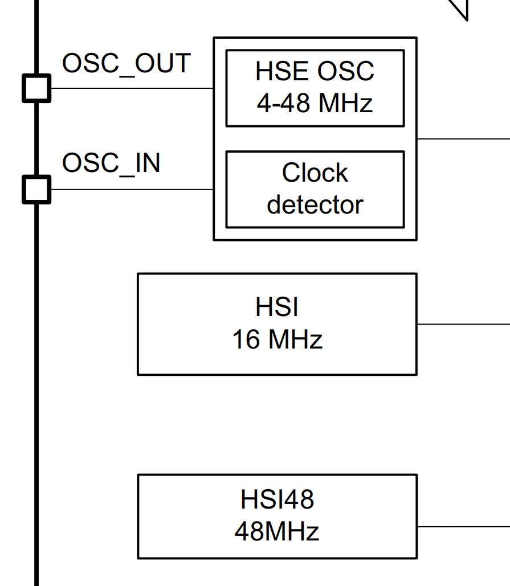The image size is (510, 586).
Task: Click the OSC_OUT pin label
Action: tap(126, 63)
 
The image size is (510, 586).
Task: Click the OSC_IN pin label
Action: tap(111, 163)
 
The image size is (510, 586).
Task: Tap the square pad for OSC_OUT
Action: tap(36, 89)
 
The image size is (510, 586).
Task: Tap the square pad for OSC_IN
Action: tap(36, 189)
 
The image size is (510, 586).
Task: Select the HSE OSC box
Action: tap(315, 88)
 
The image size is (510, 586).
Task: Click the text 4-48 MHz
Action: tap(315, 103)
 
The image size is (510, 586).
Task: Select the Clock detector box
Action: tap(315, 189)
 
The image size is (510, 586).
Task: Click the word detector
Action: tap(315, 205)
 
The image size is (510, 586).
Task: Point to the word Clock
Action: tap(315, 173)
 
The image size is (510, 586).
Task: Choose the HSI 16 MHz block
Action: tap(277, 323)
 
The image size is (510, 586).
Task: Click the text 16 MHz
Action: tap(277, 340)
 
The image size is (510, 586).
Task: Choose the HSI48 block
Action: tap(277, 516)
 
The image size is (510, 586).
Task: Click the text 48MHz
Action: tap(277, 532)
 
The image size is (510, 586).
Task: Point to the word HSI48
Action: tap(277, 499)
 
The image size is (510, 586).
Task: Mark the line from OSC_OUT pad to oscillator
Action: tap(131, 89)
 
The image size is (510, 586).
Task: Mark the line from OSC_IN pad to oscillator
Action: tap(131, 189)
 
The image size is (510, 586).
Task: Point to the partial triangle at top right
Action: tap(460, 9)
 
